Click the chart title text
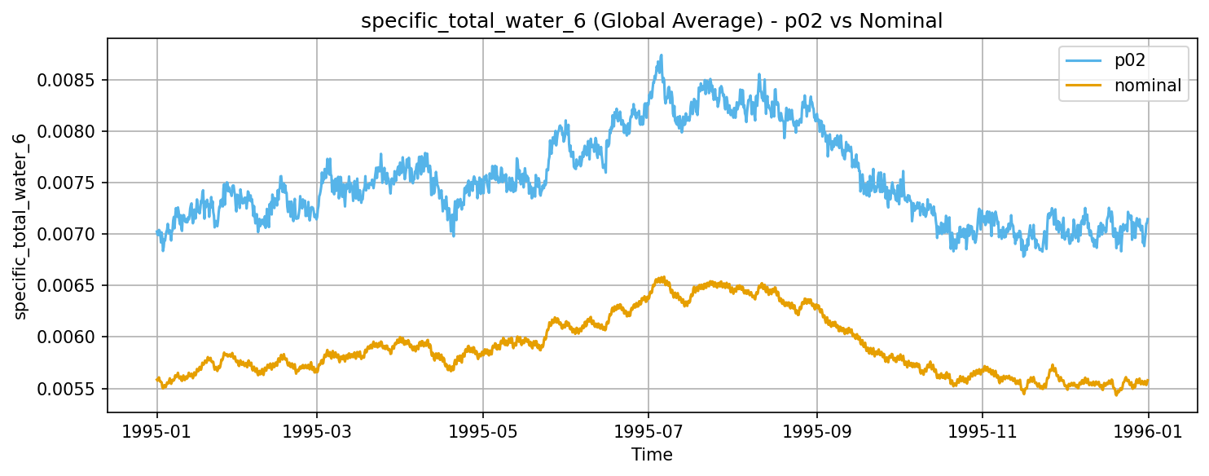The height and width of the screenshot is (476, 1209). [x=651, y=22]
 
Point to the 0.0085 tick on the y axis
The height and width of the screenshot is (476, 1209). [x=69, y=80]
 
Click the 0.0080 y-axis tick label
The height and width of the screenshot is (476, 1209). [x=69, y=131]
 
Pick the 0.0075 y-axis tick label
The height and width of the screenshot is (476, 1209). [x=69, y=183]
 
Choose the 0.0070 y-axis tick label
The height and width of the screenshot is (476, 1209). [x=69, y=234]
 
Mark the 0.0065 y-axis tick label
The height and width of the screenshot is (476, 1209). [x=69, y=285]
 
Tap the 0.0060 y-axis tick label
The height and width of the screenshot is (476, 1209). [x=69, y=337]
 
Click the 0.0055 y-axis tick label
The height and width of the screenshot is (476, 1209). [x=69, y=389]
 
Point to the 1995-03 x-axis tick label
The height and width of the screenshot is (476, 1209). [x=317, y=430]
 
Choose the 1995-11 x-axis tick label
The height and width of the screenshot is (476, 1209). [x=983, y=430]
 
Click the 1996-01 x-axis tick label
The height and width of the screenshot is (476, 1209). [x=1148, y=430]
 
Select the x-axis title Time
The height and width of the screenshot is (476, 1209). [x=652, y=455]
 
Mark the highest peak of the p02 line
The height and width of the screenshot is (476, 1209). [x=662, y=55]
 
